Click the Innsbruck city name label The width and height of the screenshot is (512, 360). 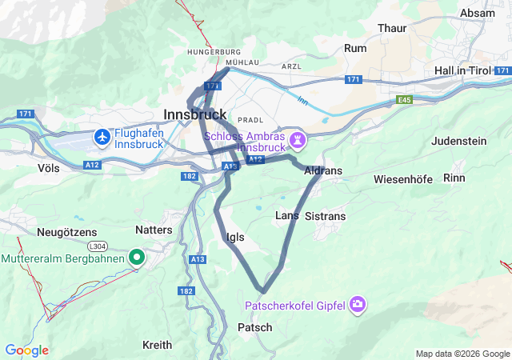[194, 114]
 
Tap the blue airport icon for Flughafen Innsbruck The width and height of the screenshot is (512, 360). [102, 138]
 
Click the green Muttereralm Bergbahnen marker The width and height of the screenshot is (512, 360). [137, 258]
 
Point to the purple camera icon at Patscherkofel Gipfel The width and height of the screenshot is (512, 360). [358, 304]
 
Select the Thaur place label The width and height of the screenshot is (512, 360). [392, 28]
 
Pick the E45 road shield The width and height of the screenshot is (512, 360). [405, 100]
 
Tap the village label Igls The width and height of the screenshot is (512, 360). [235, 237]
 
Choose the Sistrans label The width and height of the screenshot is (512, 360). [326, 216]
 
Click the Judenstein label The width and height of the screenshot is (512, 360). [458, 141]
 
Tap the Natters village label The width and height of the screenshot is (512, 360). [154, 230]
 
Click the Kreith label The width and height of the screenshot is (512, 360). [157, 345]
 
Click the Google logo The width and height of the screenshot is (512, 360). [26, 350]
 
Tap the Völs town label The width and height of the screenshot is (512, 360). [48, 168]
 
